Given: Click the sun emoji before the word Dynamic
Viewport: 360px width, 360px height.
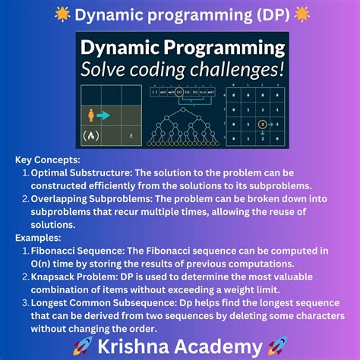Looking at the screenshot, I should tap(63, 14).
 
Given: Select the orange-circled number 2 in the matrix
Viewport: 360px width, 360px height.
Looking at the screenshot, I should tap(262, 124).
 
